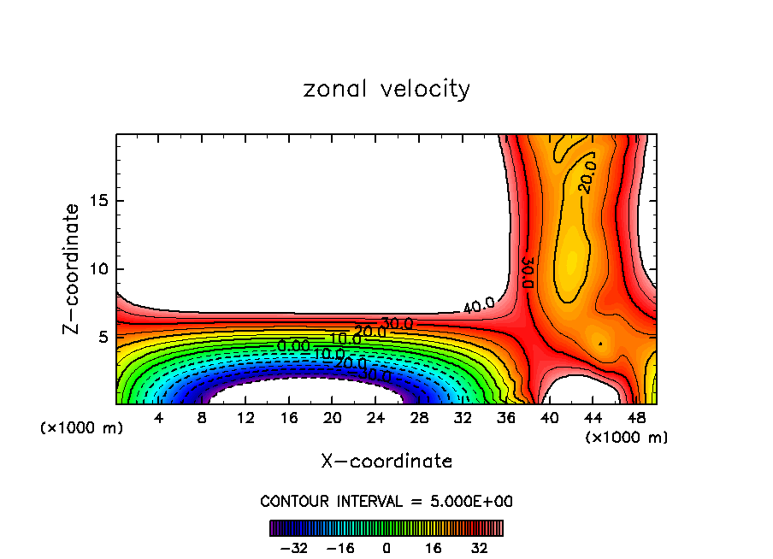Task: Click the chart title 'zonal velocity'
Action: pos(386,89)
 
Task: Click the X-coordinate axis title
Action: pos(386,462)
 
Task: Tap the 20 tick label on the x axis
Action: pos(333,419)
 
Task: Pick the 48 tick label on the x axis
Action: pos(636,419)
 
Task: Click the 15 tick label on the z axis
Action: pos(99,202)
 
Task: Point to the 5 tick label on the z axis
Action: pos(104,337)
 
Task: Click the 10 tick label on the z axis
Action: pos(99,269)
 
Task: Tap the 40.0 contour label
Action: pos(479,305)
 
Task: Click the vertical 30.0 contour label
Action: pos(528,273)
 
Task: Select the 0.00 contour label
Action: pos(294,346)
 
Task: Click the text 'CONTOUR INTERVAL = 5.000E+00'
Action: pos(386,501)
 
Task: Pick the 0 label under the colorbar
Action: pos(386,548)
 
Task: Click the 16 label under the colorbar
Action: pos(433,548)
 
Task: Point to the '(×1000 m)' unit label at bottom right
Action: pos(627,438)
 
